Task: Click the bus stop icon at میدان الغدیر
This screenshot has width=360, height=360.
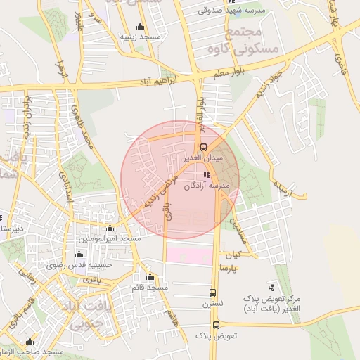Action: pos(203,147)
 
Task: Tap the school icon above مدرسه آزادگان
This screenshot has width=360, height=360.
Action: pos(207,175)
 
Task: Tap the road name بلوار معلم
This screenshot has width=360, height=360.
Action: pos(231,74)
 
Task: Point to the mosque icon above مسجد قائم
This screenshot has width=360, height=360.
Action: pos(150,277)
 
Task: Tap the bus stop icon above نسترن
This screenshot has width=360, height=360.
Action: pos(212,292)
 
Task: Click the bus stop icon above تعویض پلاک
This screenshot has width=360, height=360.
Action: pos(216,325)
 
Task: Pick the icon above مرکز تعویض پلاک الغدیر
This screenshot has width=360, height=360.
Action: pos(271,287)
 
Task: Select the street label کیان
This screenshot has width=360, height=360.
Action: pos(231,254)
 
